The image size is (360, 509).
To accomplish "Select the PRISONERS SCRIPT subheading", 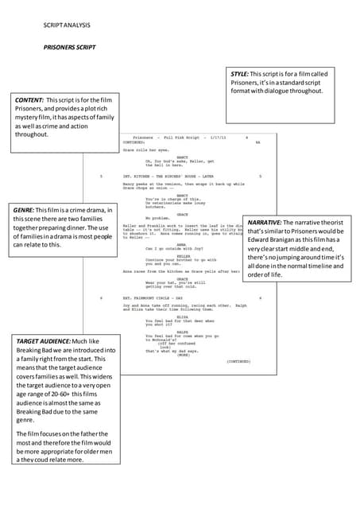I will coord(69,48).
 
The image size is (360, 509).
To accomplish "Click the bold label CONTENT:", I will coord(29,100).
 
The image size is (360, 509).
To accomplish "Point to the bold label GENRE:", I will coord(25,210).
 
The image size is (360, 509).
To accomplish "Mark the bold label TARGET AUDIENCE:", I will coord(45,341).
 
